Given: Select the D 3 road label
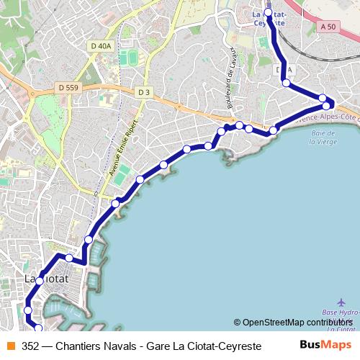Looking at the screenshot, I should pos(145,91).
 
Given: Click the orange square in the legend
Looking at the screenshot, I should pos(11,345).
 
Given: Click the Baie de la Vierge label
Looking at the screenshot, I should pos(323,137).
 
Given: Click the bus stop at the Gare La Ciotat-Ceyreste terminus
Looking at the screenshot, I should pos(269,13).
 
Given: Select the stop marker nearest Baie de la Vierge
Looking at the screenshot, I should pos(274,130).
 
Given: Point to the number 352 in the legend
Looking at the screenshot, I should pos(31,345).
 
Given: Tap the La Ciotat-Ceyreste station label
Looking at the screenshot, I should pos(269,18).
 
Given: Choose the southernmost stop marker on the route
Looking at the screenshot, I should pos(37,328).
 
